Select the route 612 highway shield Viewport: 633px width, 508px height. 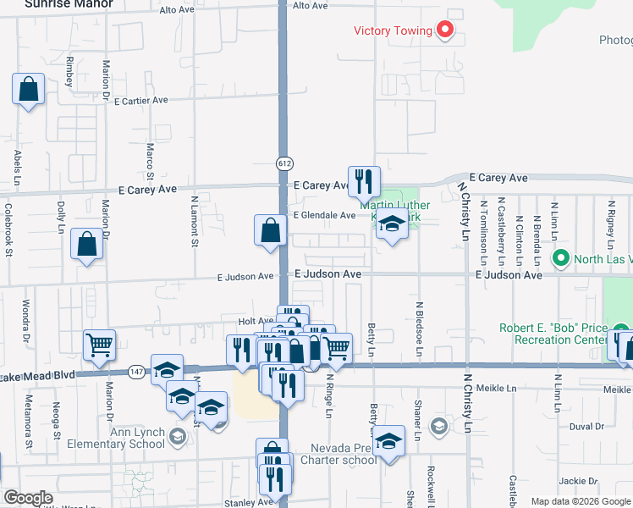tap(284, 163)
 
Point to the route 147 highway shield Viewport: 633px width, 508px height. tap(136, 372)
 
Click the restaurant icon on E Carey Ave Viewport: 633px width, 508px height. tap(364, 180)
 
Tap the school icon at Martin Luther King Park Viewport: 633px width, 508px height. tap(391, 226)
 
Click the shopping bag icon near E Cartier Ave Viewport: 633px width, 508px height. tap(28, 88)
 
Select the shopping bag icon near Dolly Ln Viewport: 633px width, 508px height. tap(86, 244)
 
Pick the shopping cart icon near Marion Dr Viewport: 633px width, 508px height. tap(99, 344)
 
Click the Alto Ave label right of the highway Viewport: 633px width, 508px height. tap(310, 6)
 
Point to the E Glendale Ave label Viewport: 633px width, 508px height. tap(324, 215)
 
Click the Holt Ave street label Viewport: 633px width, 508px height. tap(255, 321)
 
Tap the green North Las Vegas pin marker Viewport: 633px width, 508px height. tap(559, 257)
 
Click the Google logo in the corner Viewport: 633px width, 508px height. tap(29, 498)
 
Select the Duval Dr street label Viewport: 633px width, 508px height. tap(586, 427)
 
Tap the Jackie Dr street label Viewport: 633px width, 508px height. tap(580, 481)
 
